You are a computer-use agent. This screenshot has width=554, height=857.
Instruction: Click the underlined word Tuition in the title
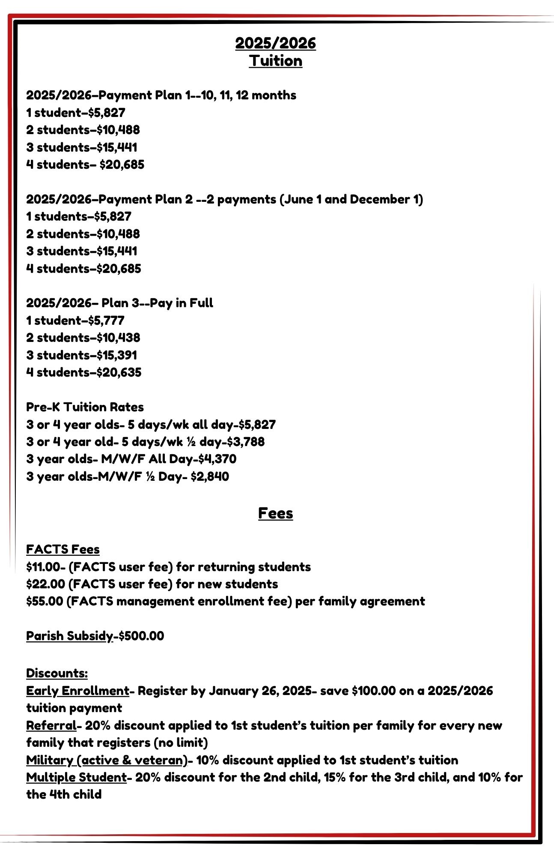point(276,61)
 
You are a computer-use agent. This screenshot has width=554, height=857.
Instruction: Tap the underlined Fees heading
point(275,513)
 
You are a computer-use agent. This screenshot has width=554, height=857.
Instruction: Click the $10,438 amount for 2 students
point(118,338)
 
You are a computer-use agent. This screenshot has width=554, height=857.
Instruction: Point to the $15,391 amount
point(117,355)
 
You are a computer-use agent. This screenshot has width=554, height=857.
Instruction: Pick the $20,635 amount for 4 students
point(119,372)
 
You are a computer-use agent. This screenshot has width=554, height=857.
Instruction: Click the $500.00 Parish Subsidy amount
point(141,636)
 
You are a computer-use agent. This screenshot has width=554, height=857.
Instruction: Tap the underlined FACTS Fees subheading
point(63,549)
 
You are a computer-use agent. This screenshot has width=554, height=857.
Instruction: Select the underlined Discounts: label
point(57,673)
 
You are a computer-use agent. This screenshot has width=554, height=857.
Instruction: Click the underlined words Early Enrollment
point(77,691)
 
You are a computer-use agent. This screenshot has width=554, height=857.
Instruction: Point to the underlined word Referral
point(51,725)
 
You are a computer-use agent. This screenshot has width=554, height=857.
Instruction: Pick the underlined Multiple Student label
point(76,777)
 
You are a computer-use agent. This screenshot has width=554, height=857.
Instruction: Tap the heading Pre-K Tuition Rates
point(85,407)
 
